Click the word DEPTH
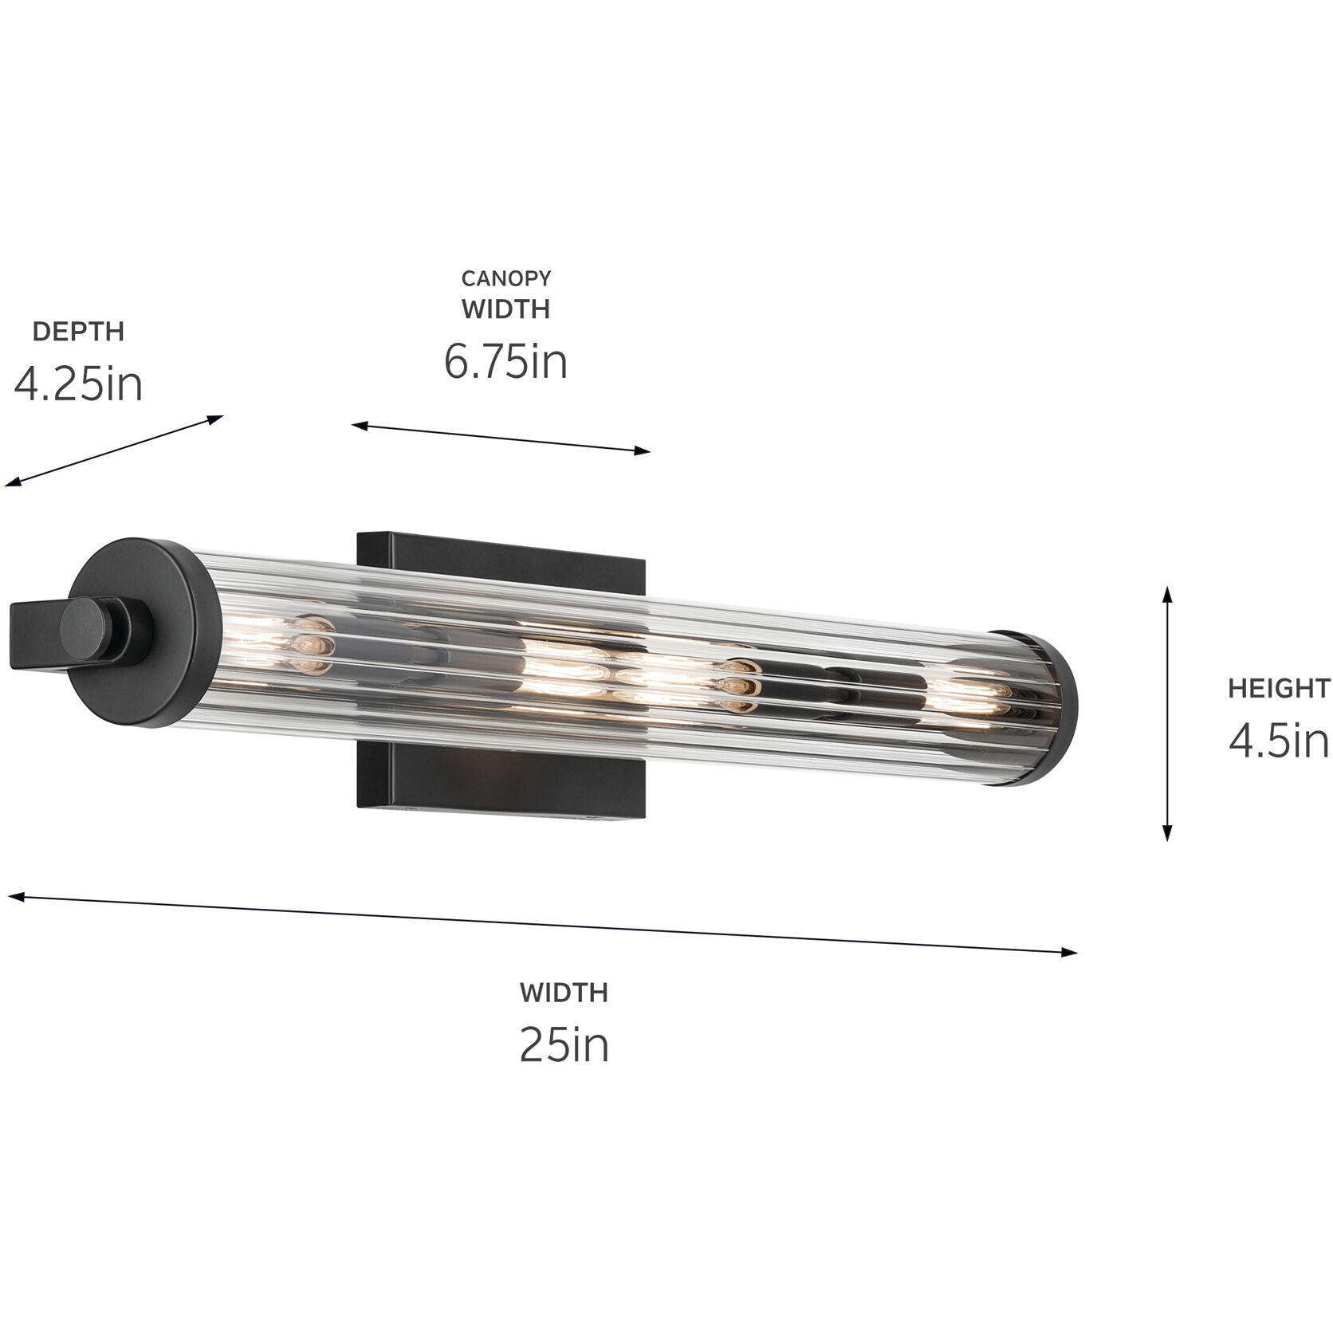click(78, 332)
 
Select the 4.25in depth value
click(78, 383)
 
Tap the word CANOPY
click(506, 278)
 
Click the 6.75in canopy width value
click(505, 361)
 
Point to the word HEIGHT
click(1279, 688)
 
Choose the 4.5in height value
click(1279, 741)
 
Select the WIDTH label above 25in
click(564, 993)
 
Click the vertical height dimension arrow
click(1167, 714)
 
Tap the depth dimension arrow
click(115, 450)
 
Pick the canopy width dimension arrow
click(501, 438)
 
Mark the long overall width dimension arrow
click(542, 925)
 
